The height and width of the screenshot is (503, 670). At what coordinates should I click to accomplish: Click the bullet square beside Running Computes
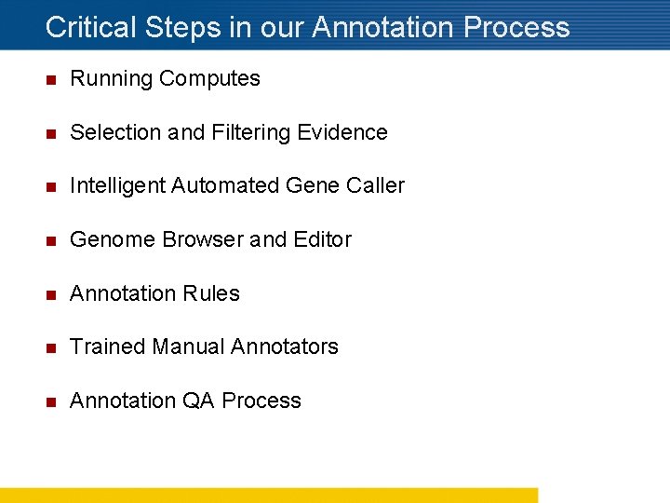(x=51, y=79)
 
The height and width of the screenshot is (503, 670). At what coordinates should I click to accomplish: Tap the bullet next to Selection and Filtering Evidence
(x=51, y=133)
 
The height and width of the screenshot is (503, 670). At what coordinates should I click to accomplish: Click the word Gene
(x=312, y=186)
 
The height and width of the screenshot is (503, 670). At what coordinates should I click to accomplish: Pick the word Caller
(x=375, y=186)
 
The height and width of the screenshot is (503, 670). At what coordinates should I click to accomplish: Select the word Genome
(x=113, y=239)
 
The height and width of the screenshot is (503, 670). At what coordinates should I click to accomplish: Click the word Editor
(x=322, y=239)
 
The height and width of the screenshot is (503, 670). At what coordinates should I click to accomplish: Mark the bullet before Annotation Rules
(x=51, y=294)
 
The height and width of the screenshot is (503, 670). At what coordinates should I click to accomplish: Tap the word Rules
(x=213, y=293)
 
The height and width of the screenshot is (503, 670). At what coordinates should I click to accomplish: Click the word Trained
(x=107, y=347)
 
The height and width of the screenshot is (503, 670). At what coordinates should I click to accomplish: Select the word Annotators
(x=284, y=347)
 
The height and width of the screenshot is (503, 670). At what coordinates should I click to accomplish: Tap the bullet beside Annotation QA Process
(x=51, y=401)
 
